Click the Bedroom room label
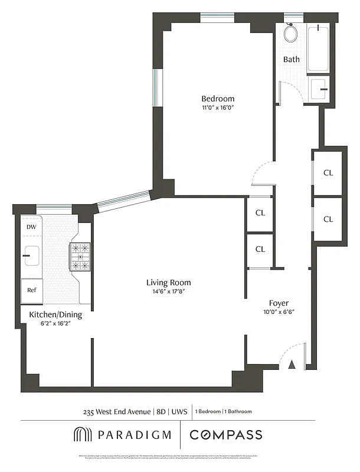[218, 99]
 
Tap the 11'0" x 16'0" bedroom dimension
[218, 108]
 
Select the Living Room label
[168, 283]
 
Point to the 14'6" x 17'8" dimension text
[168, 291]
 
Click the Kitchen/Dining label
[55, 315]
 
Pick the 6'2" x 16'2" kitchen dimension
[55, 324]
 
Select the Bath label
[292, 59]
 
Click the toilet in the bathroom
[290, 34]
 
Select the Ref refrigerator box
[32, 290]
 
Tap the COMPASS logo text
[226, 435]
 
